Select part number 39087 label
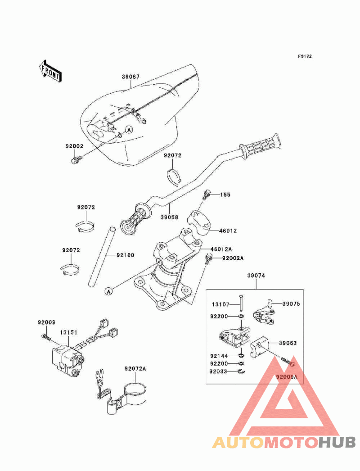click(130, 77)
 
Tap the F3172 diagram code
click(305, 57)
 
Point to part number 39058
click(170, 217)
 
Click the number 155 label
click(225, 195)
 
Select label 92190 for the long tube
click(126, 255)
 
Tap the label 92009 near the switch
click(46, 322)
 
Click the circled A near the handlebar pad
click(129, 130)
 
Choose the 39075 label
click(291, 303)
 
